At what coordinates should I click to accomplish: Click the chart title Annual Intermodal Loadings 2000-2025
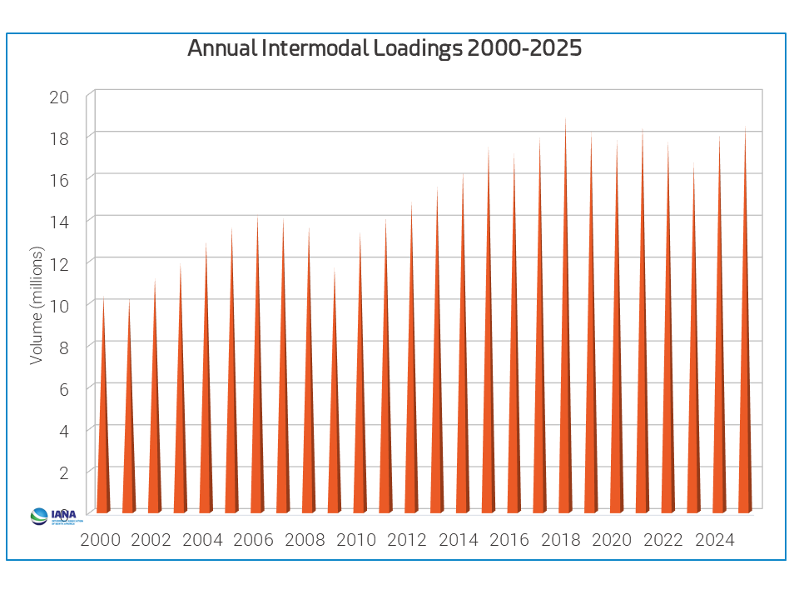pos(384,48)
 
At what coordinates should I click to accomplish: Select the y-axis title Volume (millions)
pos(37,305)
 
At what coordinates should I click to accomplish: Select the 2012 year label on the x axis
pos(407,540)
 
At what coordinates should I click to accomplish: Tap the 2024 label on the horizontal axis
pos(714,540)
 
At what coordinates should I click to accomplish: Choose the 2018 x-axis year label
pos(561,540)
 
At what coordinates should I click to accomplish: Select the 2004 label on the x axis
pos(202,540)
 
